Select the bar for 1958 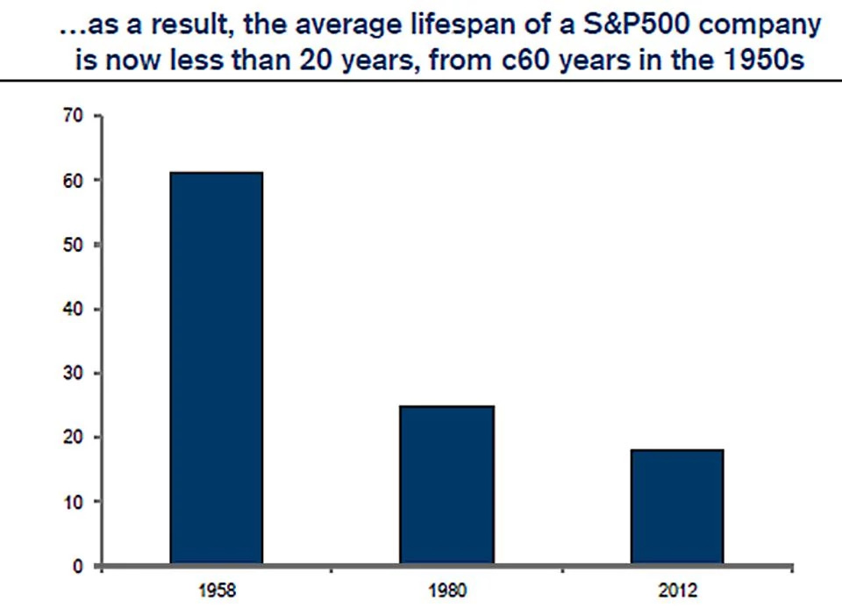click(216, 368)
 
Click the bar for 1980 click(446, 484)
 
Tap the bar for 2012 click(676, 506)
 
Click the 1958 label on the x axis click(216, 592)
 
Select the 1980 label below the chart click(446, 592)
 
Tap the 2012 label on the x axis click(676, 592)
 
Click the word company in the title click(757, 26)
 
